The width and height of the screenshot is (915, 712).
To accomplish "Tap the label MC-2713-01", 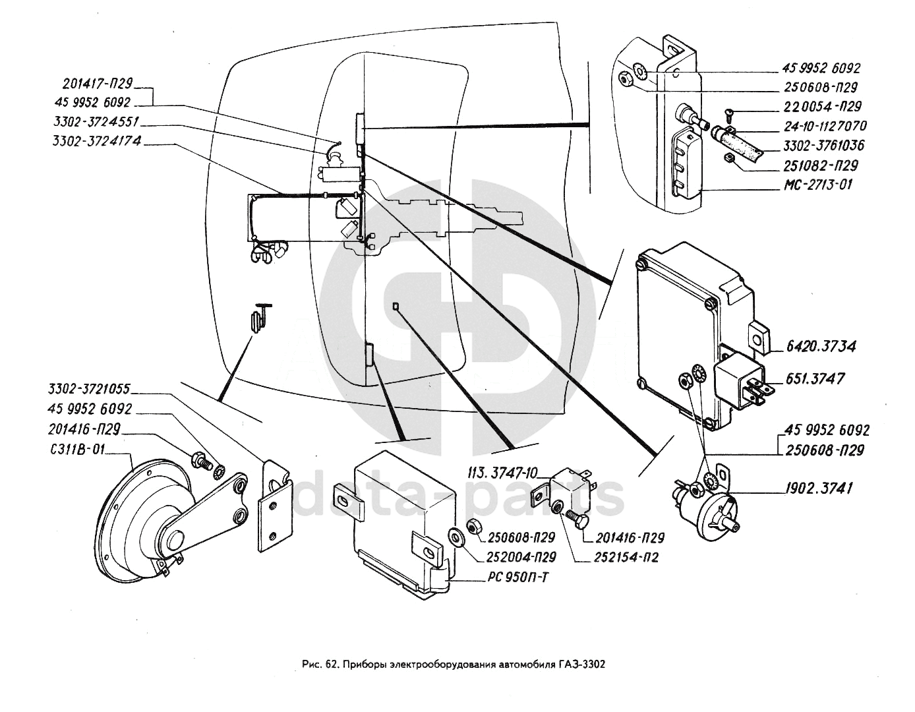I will coord(817,185).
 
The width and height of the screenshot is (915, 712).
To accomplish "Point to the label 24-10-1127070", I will coord(824,126).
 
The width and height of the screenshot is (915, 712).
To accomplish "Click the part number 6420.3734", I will coord(821,346).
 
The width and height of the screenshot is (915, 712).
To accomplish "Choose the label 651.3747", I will coord(815,379).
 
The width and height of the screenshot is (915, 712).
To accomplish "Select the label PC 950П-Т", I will coord(517,578).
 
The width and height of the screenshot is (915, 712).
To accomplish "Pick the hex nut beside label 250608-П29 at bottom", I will coord(472,525).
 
